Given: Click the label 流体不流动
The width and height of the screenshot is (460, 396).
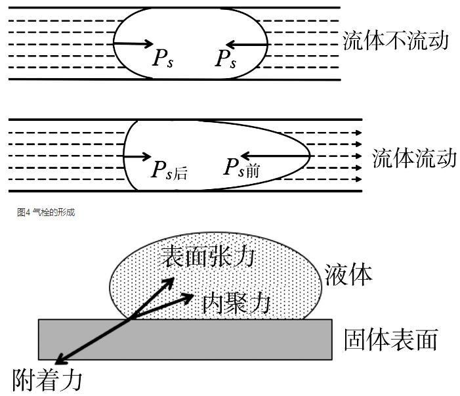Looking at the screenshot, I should click(x=395, y=41).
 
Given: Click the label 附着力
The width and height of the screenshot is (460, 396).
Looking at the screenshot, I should click(x=48, y=380).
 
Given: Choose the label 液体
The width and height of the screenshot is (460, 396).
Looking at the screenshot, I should click(x=348, y=275).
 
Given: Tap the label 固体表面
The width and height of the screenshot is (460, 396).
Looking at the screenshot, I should click(x=390, y=340).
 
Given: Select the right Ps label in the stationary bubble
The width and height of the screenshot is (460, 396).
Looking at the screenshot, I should click(x=225, y=58).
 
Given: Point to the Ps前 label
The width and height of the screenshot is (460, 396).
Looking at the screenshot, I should click(x=241, y=169).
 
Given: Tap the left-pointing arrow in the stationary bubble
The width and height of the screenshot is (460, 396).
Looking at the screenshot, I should click(x=249, y=45).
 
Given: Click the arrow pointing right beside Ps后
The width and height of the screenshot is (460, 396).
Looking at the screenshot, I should click(x=138, y=157).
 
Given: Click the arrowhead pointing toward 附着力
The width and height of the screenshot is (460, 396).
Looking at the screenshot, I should click(x=60, y=360).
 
